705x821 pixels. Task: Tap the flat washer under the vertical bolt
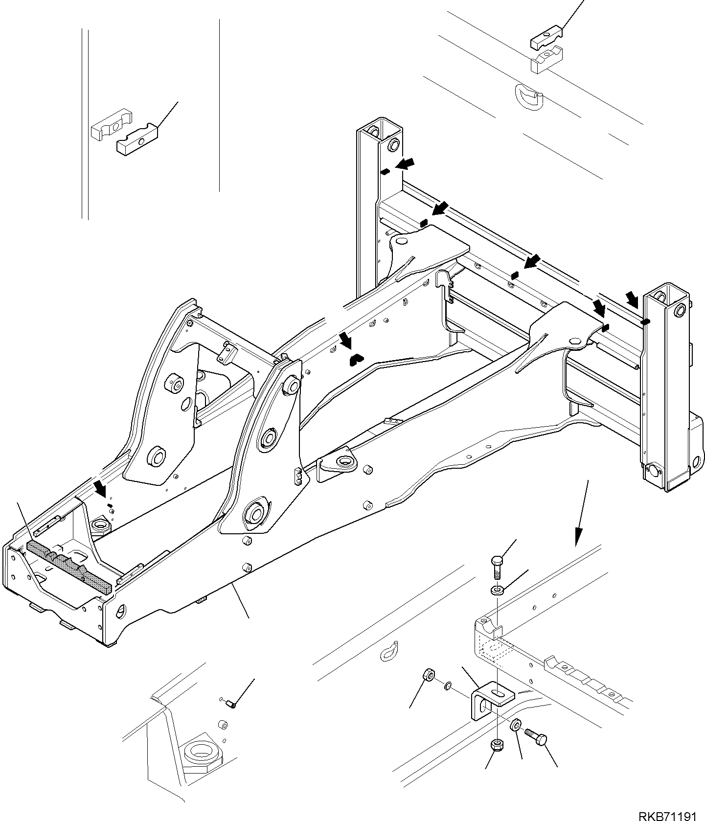tap(497, 591)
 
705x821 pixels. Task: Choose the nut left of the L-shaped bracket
tap(428, 676)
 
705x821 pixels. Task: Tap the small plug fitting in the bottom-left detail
tap(232, 704)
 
